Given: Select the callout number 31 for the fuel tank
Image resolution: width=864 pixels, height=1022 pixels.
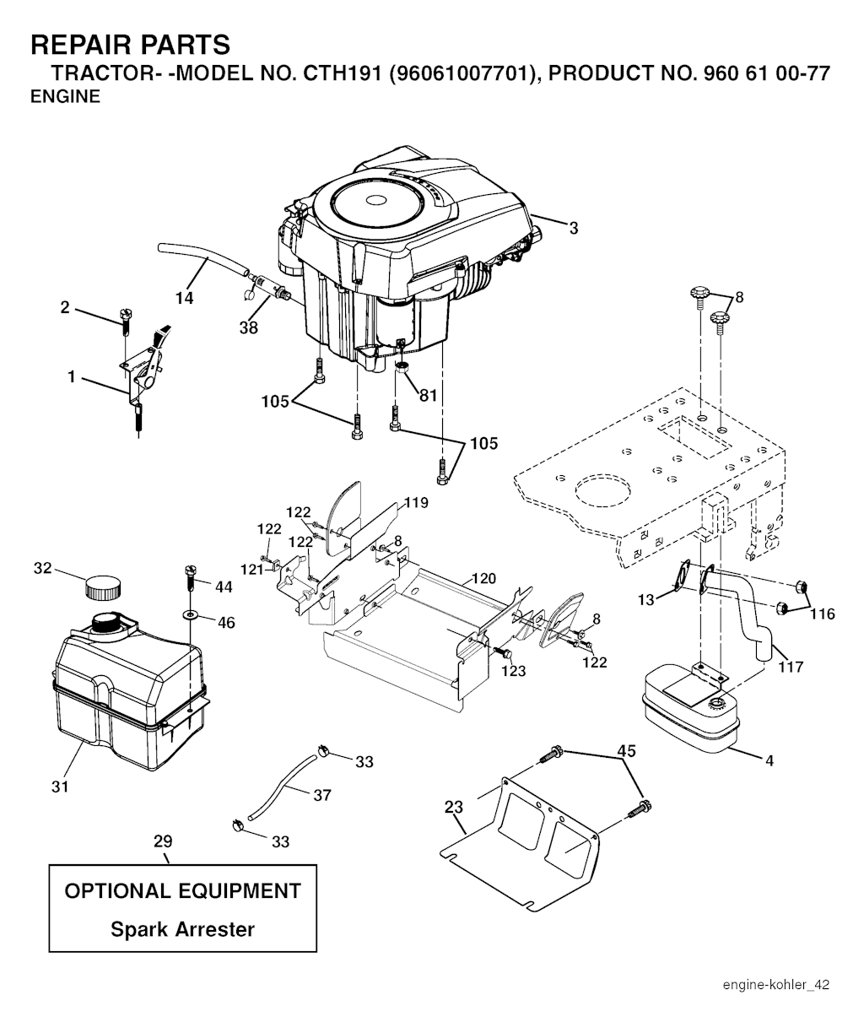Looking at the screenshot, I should point(60,787).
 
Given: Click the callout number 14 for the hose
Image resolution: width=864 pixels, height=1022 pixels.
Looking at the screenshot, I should point(184,297).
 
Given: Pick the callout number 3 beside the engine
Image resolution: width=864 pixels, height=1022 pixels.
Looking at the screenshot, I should point(573,227).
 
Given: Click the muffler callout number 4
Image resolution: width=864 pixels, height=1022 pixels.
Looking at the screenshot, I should point(769,760).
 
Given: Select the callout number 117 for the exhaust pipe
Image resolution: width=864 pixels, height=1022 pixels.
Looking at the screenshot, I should point(790,667).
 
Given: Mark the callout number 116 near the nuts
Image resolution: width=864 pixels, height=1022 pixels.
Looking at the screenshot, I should point(823,614).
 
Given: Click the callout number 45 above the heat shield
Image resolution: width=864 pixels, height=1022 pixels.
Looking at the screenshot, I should point(626,749).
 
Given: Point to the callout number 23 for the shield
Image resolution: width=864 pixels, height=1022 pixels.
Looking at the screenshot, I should point(454,808).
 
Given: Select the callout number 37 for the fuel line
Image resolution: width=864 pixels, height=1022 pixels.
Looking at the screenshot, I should point(321,794).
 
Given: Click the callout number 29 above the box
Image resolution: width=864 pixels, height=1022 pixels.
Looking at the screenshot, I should point(163,841).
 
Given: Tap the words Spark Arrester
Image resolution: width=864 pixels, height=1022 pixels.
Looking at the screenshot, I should point(182,930).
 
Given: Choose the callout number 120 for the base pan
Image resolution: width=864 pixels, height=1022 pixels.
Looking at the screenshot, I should point(483,579).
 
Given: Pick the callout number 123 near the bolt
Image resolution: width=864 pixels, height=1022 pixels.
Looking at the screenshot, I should point(513,670).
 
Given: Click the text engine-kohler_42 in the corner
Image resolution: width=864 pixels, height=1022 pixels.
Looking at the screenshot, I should point(775,985).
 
